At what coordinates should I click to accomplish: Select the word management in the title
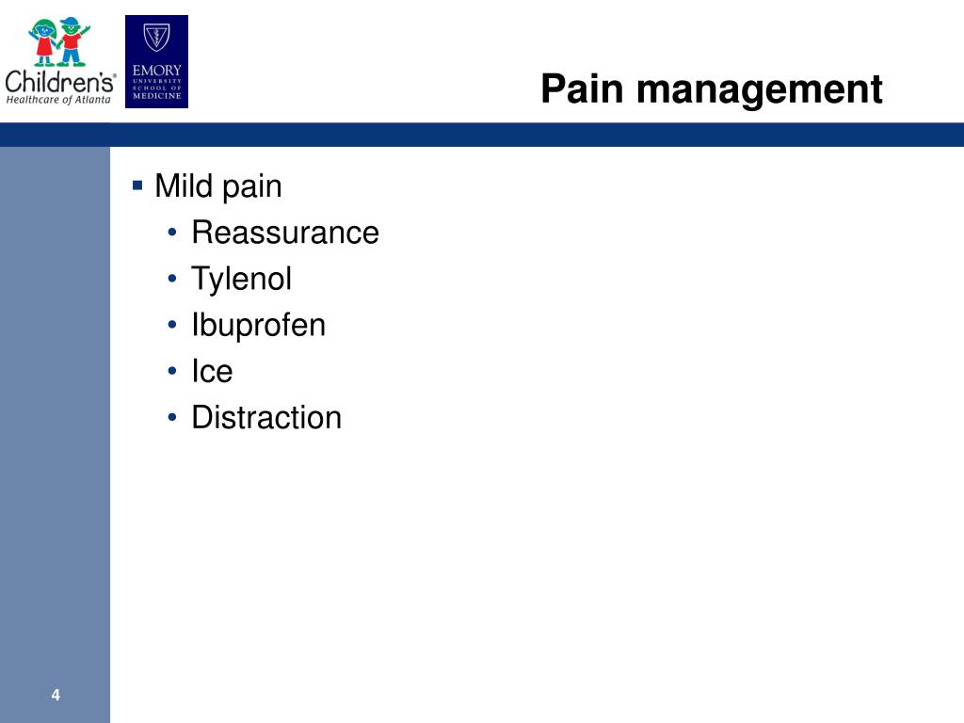pyautogui.click(x=760, y=91)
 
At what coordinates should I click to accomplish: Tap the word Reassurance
pyautogui.click(x=285, y=233)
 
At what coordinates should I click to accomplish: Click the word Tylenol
pyautogui.click(x=242, y=280)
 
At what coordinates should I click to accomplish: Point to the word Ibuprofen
pyautogui.click(x=259, y=326)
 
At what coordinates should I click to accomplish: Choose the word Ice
pyautogui.click(x=212, y=371)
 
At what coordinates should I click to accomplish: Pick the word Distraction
pyautogui.click(x=266, y=417)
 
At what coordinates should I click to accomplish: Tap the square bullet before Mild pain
pyautogui.click(x=137, y=185)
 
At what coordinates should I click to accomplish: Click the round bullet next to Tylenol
pyautogui.click(x=172, y=279)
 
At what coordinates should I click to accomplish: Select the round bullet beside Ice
pyautogui.click(x=172, y=371)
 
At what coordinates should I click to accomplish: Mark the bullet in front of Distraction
pyautogui.click(x=172, y=417)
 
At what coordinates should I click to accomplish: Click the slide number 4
pyautogui.click(x=56, y=695)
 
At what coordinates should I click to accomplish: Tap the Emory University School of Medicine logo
pyautogui.click(x=157, y=61)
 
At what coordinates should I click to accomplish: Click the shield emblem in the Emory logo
pyautogui.click(x=157, y=38)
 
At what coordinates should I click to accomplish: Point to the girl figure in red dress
pyautogui.click(x=44, y=41)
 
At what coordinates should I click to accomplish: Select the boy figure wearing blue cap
pyautogui.click(x=73, y=41)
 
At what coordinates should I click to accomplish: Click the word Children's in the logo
pyautogui.click(x=60, y=82)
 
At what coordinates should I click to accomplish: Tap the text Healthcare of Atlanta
pyautogui.click(x=58, y=100)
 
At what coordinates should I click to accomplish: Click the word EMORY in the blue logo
pyautogui.click(x=157, y=70)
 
